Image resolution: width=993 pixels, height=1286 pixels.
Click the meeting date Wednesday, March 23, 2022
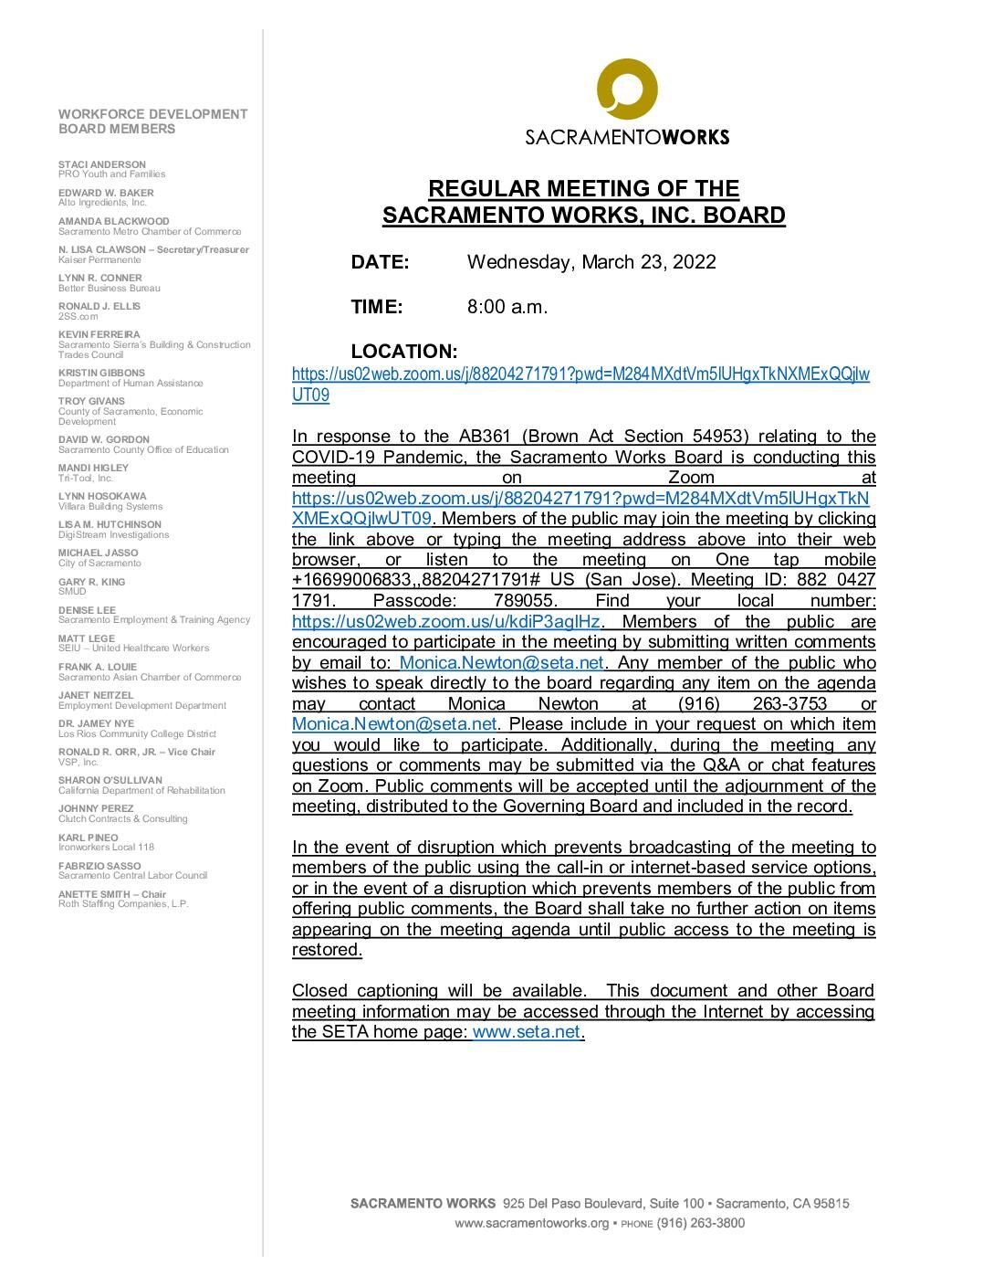(591, 262)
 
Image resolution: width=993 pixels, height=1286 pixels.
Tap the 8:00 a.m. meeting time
(507, 307)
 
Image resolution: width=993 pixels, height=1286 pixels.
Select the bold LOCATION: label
(403, 352)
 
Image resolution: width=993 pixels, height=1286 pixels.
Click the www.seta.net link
(527, 1032)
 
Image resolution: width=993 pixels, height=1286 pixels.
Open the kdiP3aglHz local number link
(446, 622)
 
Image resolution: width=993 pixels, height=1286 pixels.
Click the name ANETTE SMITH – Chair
(112, 894)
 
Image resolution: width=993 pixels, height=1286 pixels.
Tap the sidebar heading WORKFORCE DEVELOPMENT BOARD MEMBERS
(152, 121)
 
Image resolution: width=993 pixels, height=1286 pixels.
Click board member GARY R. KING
(92, 582)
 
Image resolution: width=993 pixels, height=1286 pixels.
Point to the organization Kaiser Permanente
(99, 259)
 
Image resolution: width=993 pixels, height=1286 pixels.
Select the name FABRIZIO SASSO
(99, 866)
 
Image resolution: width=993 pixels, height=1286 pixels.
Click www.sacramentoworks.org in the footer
(531, 1223)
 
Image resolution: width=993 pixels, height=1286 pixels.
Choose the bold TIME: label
(376, 307)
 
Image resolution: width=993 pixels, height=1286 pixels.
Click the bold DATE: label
(380, 262)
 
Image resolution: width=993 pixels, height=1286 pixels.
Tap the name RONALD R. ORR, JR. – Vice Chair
(137, 752)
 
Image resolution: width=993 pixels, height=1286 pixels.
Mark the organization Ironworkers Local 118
(106, 847)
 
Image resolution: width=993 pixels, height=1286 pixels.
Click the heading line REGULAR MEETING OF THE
(583, 189)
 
